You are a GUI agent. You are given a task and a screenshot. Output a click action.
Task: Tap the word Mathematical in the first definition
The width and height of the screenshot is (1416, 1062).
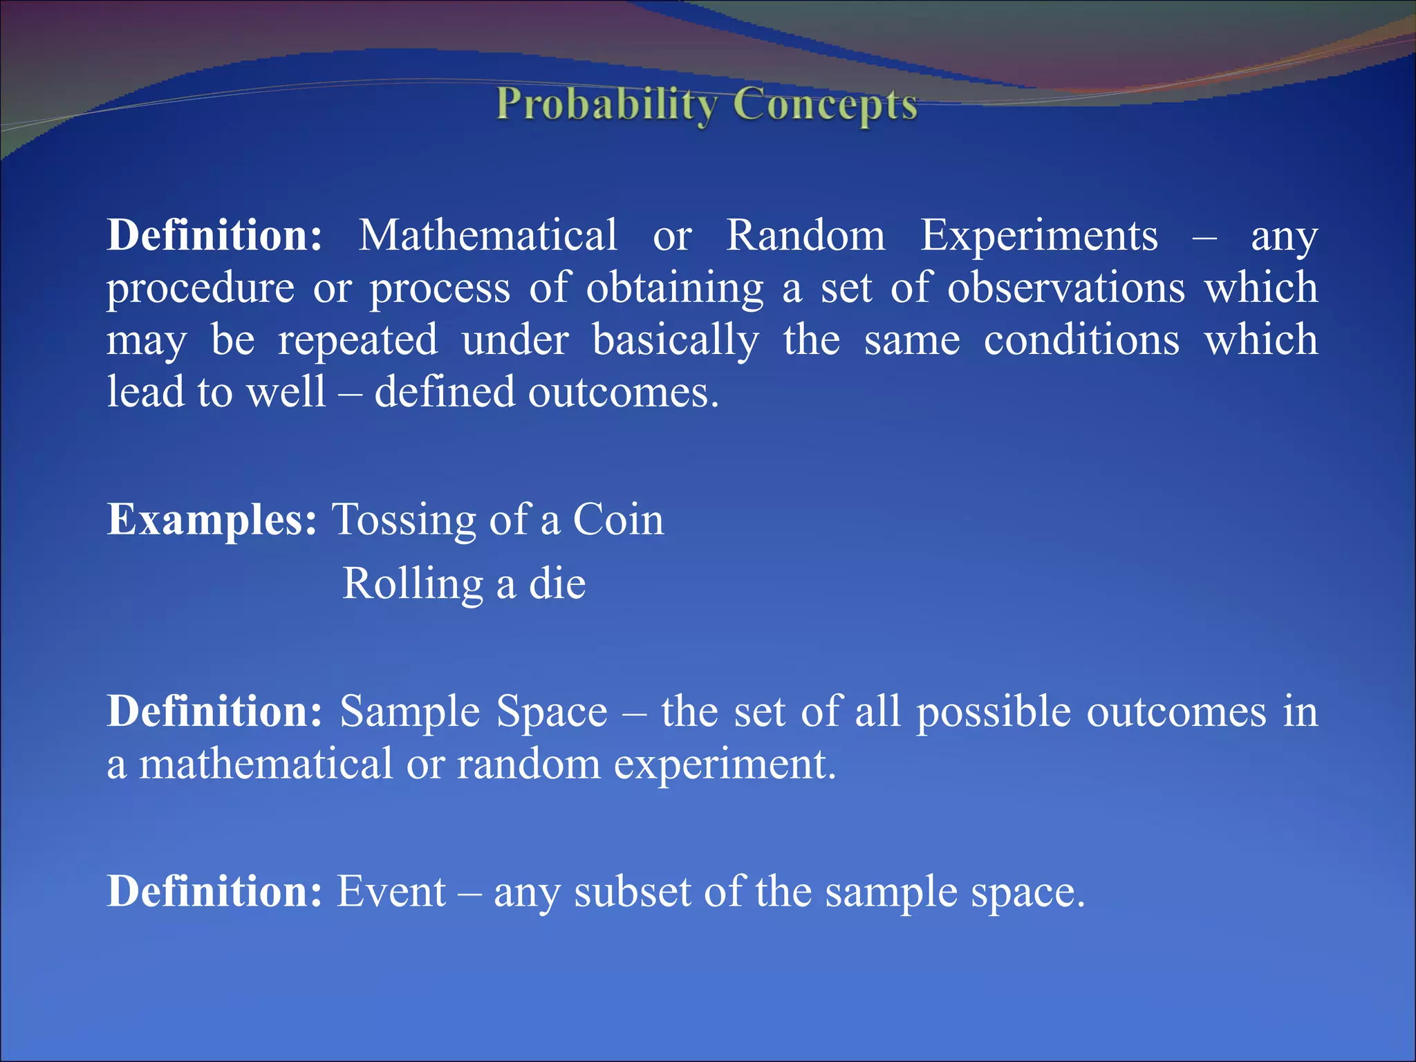(x=487, y=236)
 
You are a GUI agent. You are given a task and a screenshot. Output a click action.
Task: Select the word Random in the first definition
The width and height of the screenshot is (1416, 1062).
(x=805, y=236)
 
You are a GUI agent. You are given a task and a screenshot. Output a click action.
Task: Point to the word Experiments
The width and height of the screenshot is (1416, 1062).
(x=1038, y=236)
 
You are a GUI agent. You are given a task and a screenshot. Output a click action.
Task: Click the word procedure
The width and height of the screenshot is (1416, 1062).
(x=201, y=289)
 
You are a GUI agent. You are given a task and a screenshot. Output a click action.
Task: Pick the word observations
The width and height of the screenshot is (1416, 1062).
(x=1065, y=288)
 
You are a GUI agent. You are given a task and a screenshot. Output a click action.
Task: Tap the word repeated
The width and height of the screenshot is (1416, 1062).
(x=357, y=340)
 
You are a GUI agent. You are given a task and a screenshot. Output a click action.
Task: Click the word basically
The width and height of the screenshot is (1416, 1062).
(x=676, y=342)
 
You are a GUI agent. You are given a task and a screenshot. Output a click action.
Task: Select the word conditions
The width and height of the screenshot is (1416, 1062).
(x=1081, y=340)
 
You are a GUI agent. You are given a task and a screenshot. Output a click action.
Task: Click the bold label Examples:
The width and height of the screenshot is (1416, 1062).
(x=212, y=520)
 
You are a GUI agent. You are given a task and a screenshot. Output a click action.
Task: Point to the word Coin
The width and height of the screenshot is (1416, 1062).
(x=618, y=520)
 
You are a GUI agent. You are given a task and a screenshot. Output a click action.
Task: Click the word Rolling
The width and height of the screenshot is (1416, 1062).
(x=413, y=585)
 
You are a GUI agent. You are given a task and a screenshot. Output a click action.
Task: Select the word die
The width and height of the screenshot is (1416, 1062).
(x=557, y=584)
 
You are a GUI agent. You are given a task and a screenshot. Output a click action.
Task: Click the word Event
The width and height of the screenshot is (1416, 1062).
(x=391, y=892)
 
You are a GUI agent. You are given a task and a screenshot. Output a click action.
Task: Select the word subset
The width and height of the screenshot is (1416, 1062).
(x=633, y=892)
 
